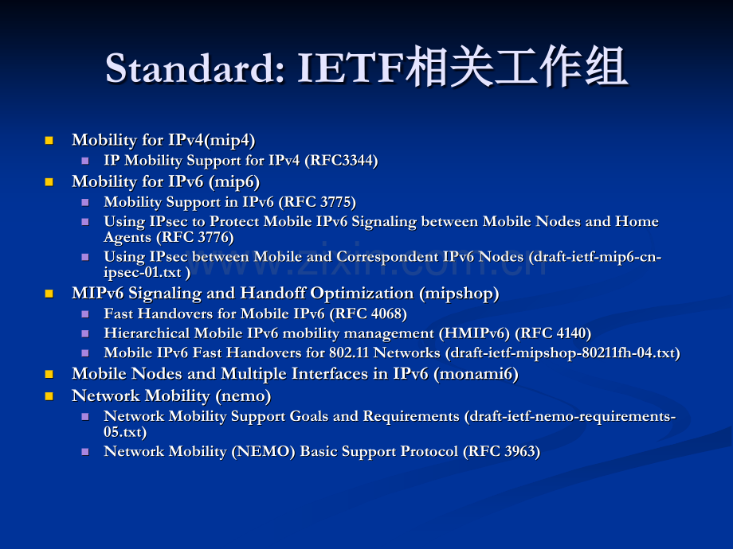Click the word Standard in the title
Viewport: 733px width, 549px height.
pyautogui.click(x=194, y=68)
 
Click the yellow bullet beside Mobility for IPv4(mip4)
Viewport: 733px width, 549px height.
pyautogui.click(x=49, y=140)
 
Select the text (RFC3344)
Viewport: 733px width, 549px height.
pyautogui.click(x=341, y=161)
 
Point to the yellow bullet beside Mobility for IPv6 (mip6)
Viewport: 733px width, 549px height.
pyautogui.click(x=49, y=181)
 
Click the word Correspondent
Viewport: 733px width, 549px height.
pyautogui.click(x=387, y=257)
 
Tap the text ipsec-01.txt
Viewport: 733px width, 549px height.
pyautogui.click(x=143, y=272)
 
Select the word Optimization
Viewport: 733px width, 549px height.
pyautogui.click(x=362, y=294)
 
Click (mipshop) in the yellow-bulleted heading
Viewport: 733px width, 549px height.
pyautogui.click(x=459, y=294)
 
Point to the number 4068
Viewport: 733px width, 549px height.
pyautogui.click(x=386, y=313)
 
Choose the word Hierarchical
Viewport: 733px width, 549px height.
pyautogui.click(x=147, y=333)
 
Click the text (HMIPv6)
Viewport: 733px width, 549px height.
pyautogui.click(x=474, y=333)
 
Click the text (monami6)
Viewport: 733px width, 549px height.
pyautogui.click(x=476, y=374)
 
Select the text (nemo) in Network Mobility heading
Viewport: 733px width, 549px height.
pyautogui.click(x=243, y=396)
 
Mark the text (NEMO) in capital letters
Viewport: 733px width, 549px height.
pyautogui.click(x=263, y=452)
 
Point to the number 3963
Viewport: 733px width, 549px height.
pyautogui.click(x=519, y=452)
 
